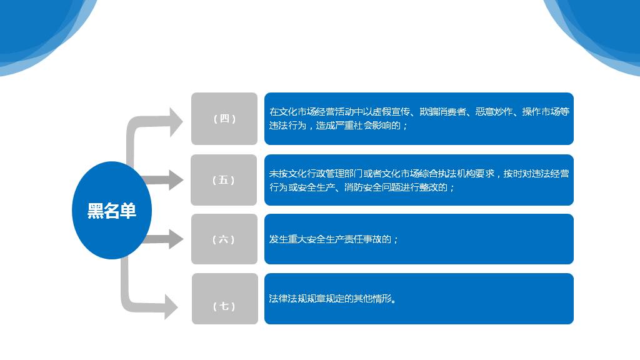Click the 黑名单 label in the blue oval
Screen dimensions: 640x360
(111, 211)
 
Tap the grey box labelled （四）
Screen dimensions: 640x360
(224, 119)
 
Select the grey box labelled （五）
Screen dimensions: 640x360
(224, 180)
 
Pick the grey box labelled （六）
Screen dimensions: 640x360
(224, 239)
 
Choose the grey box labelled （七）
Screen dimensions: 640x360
(225, 299)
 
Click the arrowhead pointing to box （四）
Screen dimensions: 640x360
(176, 122)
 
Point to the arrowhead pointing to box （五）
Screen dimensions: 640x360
(176, 180)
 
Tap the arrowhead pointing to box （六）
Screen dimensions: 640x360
(176, 239)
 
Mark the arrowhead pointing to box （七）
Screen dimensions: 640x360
(171, 306)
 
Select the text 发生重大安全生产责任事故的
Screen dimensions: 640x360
(330, 239)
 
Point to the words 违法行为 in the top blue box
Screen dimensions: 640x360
(287, 125)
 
